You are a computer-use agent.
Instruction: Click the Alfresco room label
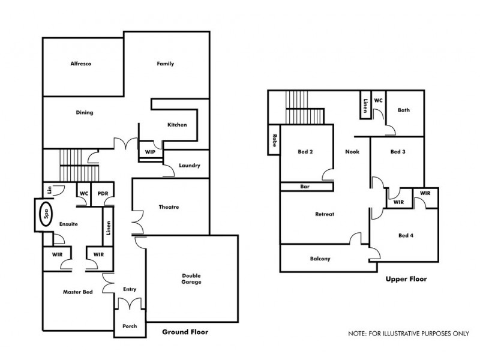[x=80, y=64]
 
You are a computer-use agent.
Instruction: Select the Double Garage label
[x=191, y=279]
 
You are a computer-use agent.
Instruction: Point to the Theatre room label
[x=169, y=207]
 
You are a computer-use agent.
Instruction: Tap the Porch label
[x=130, y=326]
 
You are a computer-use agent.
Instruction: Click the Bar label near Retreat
[x=305, y=187]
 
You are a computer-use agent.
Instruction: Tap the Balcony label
[x=320, y=259]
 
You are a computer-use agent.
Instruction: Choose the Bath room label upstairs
[x=404, y=110]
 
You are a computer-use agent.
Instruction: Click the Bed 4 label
[x=406, y=235]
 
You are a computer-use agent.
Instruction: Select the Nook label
[x=352, y=152]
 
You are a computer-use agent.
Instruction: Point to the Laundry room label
[x=190, y=166]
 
